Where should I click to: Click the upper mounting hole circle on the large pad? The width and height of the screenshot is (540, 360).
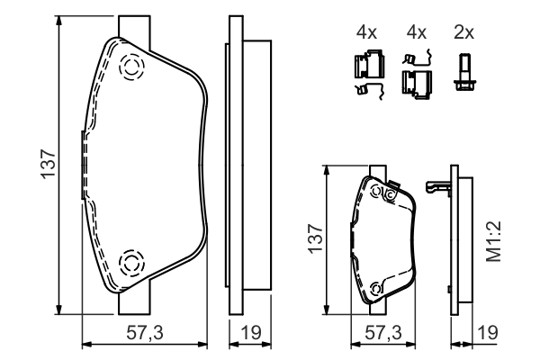click(131, 67)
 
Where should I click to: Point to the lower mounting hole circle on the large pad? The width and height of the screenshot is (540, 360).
click(131, 263)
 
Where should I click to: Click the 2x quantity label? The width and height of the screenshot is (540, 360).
click(464, 32)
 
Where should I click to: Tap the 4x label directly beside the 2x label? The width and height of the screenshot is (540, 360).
click(415, 32)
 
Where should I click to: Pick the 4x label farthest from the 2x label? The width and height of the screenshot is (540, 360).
click(365, 32)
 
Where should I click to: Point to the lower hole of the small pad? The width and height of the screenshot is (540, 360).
click(375, 289)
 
